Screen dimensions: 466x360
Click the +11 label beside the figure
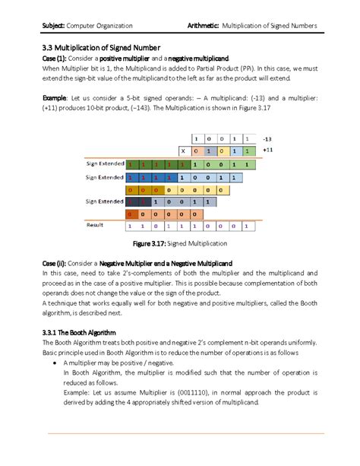267,151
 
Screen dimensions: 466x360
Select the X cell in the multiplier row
182,151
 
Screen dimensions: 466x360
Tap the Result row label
96,226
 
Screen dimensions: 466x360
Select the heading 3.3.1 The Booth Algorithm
79,332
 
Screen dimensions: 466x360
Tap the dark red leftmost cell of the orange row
131,214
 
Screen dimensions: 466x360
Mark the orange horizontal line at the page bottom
190,433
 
